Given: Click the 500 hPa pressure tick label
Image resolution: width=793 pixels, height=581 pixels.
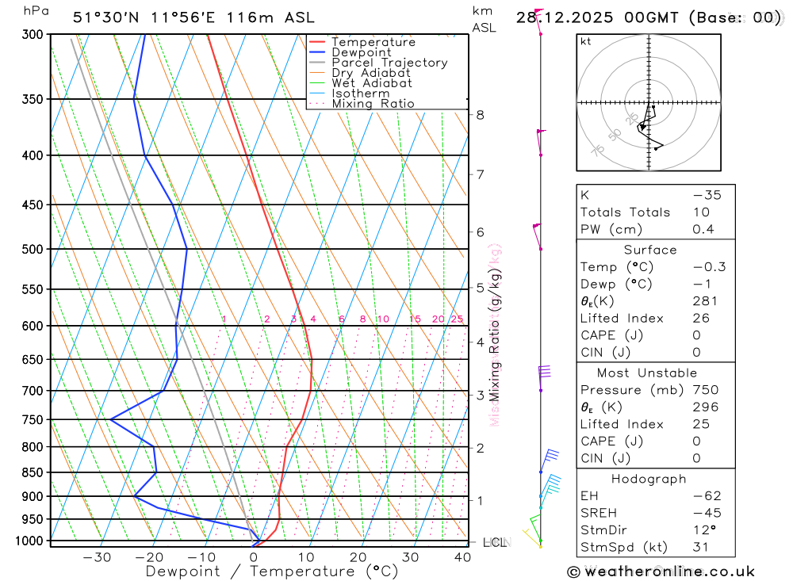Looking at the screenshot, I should pos(33,249).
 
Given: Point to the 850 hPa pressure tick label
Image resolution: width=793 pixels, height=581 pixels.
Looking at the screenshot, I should pos(33,472).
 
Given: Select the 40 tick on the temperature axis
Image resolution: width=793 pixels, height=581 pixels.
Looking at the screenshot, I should pos(462,557).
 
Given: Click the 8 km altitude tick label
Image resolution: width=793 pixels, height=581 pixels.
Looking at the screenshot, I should pos(481,115).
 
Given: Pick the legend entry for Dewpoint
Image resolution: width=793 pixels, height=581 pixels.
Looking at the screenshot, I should pos(362,52).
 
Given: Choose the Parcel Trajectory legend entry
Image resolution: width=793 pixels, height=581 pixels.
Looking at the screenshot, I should pos(389,63).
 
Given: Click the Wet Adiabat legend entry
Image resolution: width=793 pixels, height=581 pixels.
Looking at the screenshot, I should pos(372,83).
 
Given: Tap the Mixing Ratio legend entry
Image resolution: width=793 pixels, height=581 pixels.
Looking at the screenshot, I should pos(373,104).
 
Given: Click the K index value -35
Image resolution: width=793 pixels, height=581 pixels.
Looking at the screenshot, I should pos(707,195).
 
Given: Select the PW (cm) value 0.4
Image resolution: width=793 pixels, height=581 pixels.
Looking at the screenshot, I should pos(703,230).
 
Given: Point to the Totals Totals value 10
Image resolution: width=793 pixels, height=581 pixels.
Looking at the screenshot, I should pos(703,212).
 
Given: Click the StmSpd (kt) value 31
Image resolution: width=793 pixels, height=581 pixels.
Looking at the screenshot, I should pos(703,546).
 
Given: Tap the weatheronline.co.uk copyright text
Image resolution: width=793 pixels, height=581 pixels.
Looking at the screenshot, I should pos(661,571).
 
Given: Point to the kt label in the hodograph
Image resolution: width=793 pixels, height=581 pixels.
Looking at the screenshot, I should pos(586,42).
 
